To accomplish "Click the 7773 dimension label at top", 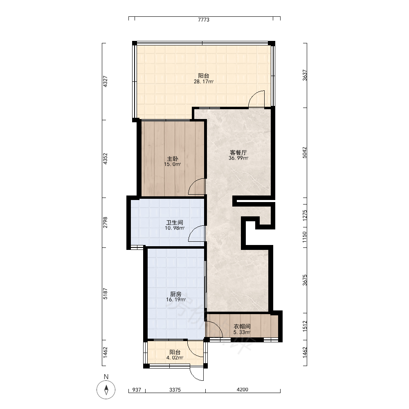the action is point(203,20).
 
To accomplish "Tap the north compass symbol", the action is point(106,390).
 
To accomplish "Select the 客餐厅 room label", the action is point(238,152).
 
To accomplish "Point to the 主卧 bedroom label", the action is point(173,159).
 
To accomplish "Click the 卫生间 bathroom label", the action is point(175,222).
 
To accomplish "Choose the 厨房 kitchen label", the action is point(175,294).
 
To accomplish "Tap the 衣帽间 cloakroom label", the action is point(242,326).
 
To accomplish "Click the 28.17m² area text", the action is point(203,82).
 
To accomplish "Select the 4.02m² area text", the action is point(175,357).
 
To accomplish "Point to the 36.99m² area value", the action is point(238,158).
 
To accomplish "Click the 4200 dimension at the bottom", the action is point(242,390).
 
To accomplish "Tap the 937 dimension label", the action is point(137,390).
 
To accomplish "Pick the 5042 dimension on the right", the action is point(305,153).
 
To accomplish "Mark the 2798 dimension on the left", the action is point(105,222).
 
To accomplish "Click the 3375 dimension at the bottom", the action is point(175,390).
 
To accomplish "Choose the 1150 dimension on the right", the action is point(305,237).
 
